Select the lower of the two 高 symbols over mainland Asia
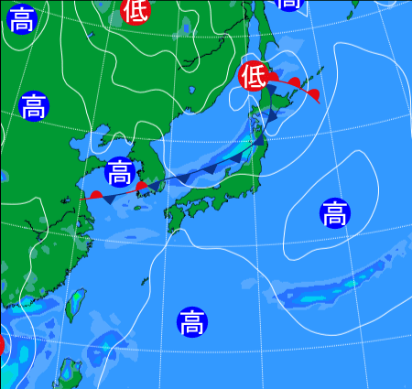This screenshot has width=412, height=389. click(33, 106)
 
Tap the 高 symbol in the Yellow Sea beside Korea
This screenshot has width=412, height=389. click(119, 171)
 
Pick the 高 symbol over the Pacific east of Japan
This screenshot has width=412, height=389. click(334, 213)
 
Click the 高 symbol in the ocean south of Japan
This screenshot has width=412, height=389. click(191, 321)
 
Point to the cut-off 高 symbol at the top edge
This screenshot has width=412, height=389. click(289, 3)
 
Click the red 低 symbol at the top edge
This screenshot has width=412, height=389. click(135, 9)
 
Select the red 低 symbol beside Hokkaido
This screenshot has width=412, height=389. click(252, 75)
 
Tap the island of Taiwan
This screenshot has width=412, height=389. click(75, 304)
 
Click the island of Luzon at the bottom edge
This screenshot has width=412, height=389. click(70, 373)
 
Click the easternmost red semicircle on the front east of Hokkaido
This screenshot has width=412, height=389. click(313, 94)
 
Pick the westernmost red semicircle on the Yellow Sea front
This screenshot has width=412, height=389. click(96, 194)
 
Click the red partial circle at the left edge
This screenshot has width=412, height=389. click(2, 345)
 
